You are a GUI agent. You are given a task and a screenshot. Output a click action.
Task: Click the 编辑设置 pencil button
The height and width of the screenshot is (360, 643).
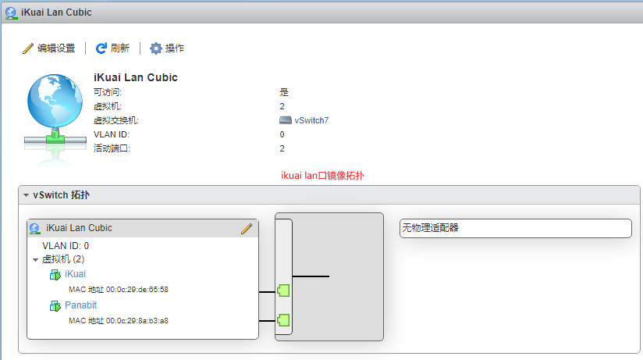(x=49, y=48)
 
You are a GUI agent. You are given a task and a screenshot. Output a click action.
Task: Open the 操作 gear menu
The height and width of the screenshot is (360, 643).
(x=167, y=48)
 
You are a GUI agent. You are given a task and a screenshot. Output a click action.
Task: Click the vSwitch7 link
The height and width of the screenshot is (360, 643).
(x=311, y=120)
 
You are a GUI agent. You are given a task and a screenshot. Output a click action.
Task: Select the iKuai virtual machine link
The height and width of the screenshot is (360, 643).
(x=75, y=274)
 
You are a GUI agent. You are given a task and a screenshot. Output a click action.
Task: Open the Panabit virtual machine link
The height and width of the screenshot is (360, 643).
(x=81, y=305)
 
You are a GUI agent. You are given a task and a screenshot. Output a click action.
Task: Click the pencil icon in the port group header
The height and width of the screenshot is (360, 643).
(x=247, y=229)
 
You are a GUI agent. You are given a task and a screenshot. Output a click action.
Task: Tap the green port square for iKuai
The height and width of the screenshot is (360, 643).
(x=283, y=290)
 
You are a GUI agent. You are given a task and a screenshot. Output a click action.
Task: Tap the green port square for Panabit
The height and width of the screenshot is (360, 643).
(x=283, y=320)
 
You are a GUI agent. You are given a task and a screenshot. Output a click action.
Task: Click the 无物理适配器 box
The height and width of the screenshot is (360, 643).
(x=516, y=228)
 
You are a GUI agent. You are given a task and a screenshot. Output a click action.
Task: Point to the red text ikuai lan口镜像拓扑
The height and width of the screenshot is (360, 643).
(x=323, y=176)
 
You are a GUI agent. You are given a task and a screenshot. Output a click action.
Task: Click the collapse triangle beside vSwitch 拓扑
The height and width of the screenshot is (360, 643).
(x=27, y=195)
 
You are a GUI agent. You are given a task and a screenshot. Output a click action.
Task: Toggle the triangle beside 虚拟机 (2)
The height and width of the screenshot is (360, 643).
(x=36, y=260)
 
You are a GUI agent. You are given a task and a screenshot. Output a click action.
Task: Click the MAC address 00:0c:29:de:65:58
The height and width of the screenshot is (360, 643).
(x=137, y=290)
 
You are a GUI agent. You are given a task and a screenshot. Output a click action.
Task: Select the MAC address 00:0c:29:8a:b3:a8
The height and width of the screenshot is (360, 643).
(x=137, y=321)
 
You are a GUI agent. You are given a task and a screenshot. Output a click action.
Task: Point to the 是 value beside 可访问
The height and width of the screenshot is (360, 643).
(x=284, y=92)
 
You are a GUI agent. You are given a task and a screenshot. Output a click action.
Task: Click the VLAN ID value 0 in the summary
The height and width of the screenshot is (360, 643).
(x=282, y=134)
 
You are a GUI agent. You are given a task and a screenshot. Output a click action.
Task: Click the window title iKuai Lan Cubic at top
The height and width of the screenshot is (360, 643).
(x=56, y=12)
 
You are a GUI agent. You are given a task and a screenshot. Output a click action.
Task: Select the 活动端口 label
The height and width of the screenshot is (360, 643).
(x=112, y=148)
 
